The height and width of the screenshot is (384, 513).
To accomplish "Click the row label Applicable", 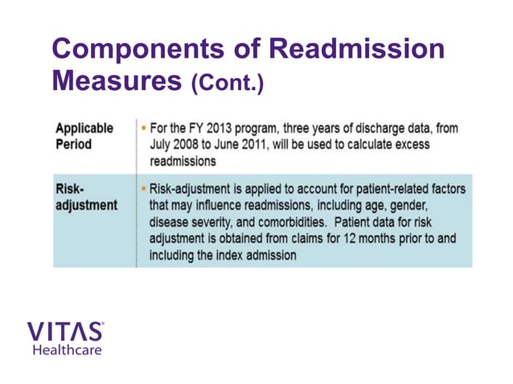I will (x=84, y=128).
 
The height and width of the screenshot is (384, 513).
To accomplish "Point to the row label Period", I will (x=74, y=145).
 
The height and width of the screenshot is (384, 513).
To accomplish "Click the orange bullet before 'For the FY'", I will (x=143, y=128).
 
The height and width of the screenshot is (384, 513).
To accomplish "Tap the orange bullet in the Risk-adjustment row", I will (x=143, y=189).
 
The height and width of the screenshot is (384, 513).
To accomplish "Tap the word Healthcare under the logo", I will (x=67, y=349).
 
